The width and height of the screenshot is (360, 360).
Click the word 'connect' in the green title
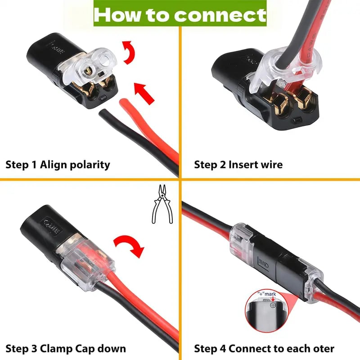coord(220,15)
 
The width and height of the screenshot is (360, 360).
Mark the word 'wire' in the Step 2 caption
coord(271,165)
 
